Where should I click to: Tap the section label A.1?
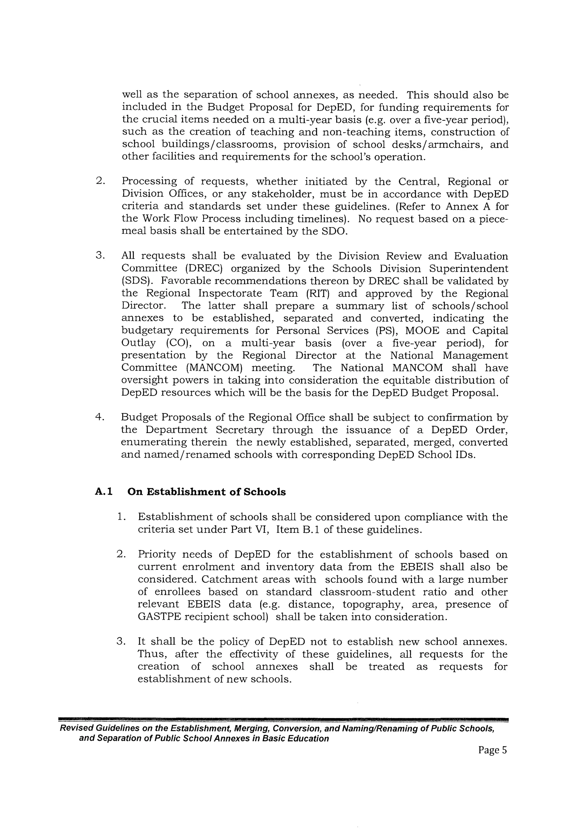tap(104, 492)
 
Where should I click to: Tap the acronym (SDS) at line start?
tap(136, 281)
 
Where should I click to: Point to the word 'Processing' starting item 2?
tap(149, 181)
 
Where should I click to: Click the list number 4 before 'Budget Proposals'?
tap(99, 417)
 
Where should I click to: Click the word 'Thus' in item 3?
tap(152, 654)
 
